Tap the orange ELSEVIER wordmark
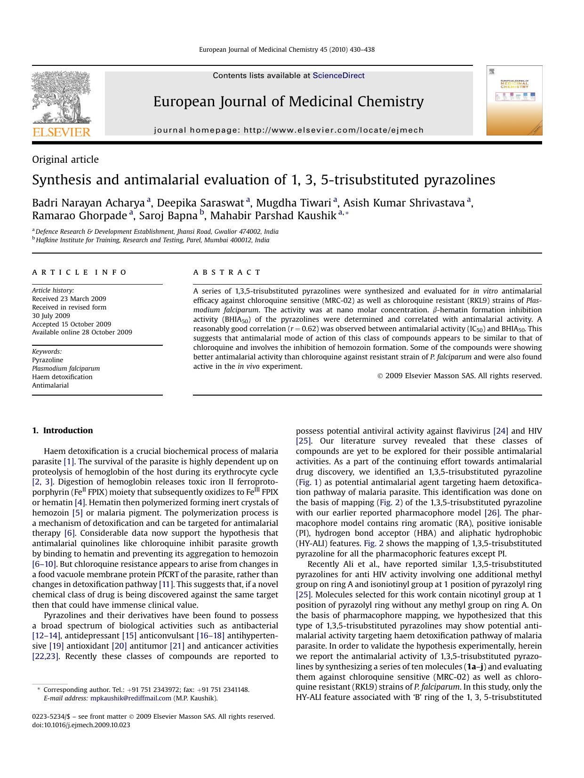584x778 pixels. [61, 132]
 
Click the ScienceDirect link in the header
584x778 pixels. [338, 76]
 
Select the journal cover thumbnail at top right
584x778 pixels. [514, 101]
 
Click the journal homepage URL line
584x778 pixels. [288, 130]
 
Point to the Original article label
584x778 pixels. [65, 159]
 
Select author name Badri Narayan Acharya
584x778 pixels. [88, 203]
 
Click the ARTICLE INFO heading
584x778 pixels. [80, 272]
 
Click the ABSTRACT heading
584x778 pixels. [227, 272]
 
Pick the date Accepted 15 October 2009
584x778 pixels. [72, 324]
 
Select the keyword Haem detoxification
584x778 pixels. [62, 377]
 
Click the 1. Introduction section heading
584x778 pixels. [63, 430]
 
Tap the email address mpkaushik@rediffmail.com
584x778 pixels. [131, 698]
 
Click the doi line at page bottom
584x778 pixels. [81, 725]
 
